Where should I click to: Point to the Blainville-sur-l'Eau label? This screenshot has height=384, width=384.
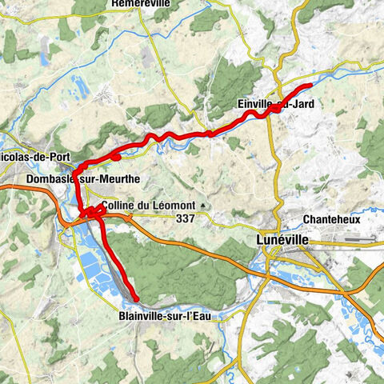coord(163,314)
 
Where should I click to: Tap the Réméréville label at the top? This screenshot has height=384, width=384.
coord(142,5)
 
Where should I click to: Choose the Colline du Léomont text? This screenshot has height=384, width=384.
coord(149,205)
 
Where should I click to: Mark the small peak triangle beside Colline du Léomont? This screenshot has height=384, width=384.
coord(203,206)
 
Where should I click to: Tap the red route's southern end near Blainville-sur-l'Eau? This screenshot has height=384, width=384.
coord(137,300)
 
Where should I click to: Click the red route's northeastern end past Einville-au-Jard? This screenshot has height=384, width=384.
coord(310,86)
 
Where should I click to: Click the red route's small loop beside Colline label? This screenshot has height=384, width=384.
coord(94,211)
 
